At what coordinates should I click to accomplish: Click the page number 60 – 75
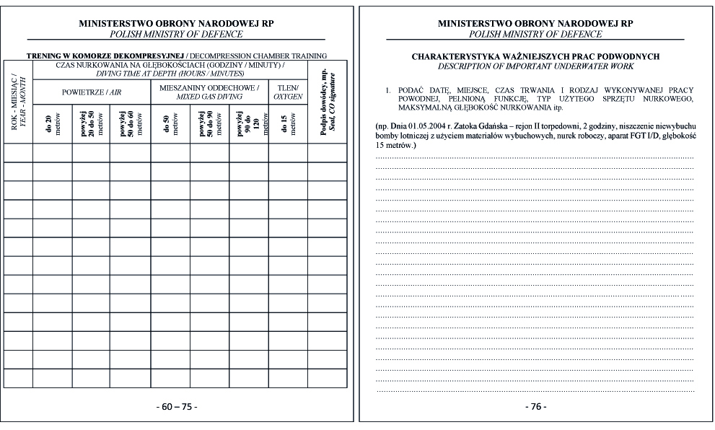click(x=177, y=407)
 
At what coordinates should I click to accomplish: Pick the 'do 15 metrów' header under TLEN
click(x=288, y=123)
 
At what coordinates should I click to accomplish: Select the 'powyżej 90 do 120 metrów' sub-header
click(x=248, y=123)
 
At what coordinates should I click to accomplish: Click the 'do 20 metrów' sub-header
click(x=52, y=123)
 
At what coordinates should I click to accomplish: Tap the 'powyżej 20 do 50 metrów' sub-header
click(x=92, y=123)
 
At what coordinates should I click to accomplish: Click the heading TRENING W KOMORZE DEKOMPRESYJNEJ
click(x=105, y=56)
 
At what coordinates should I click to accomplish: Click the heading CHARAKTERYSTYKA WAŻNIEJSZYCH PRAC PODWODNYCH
click(x=535, y=56)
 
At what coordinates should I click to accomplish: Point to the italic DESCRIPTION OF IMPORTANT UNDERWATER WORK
click(x=535, y=66)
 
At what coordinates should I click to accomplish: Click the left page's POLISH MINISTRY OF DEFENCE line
click(x=177, y=34)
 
